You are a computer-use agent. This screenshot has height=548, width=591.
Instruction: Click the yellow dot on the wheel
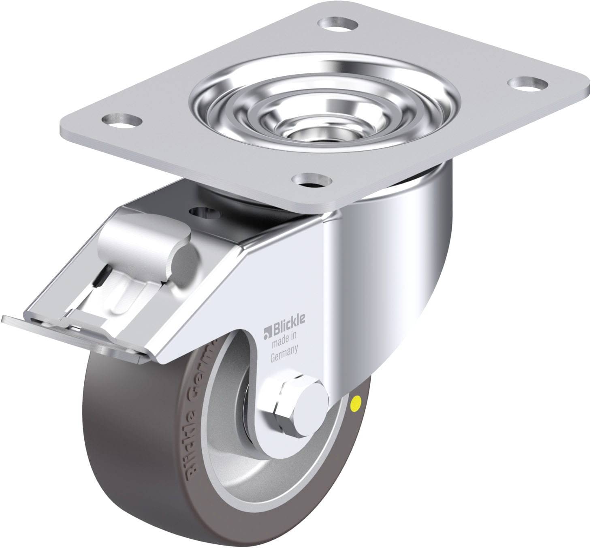click(x=357, y=402)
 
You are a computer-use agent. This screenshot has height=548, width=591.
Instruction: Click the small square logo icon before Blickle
click(x=266, y=324)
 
